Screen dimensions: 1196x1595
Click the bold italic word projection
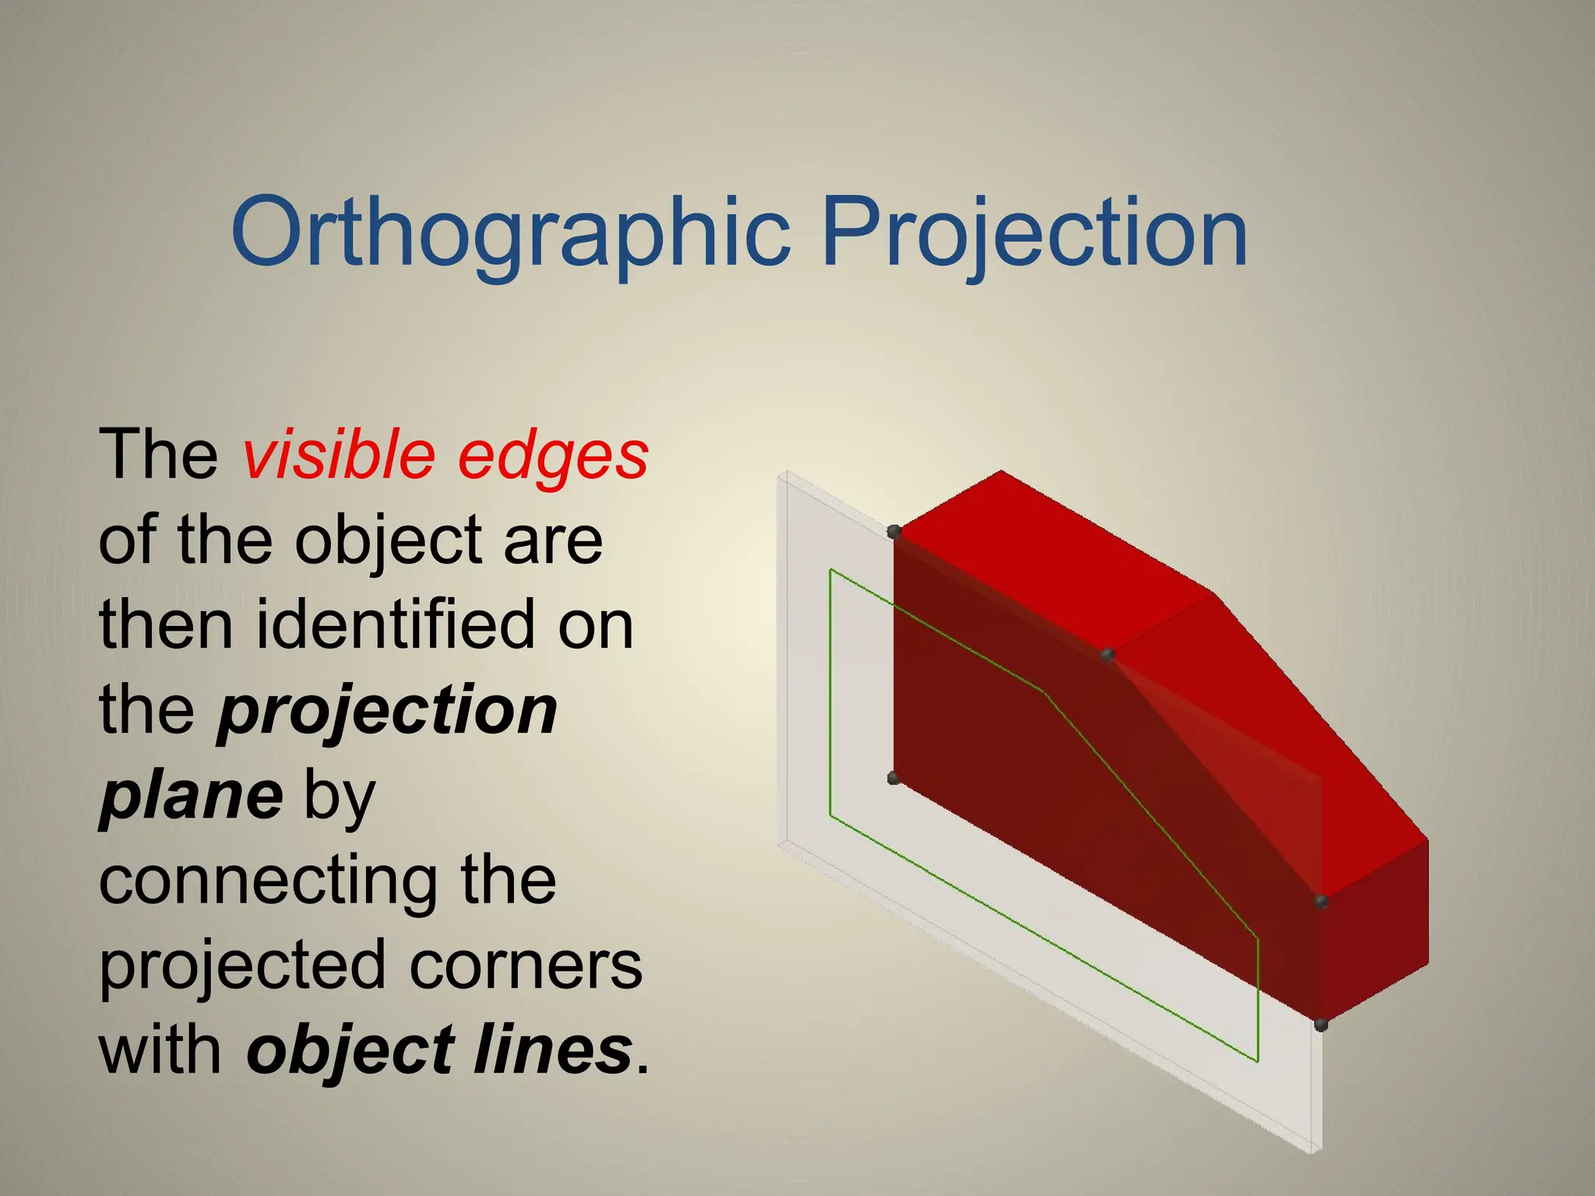pyautogui.click(x=388, y=712)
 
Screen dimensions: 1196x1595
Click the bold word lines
pyautogui.click(x=552, y=1050)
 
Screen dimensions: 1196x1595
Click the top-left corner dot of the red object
pyautogui.click(x=894, y=532)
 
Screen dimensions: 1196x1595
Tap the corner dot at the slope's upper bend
pyautogui.click(x=1107, y=656)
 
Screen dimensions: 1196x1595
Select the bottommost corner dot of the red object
pyautogui.click(x=1321, y=1025)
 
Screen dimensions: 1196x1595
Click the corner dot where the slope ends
pyautogui.click(x=1321, y=902)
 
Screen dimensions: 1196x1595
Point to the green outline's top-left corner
pyautogui.click(x=831, y=570)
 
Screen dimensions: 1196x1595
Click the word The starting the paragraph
pyautogui.click(x=159, y=456)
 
